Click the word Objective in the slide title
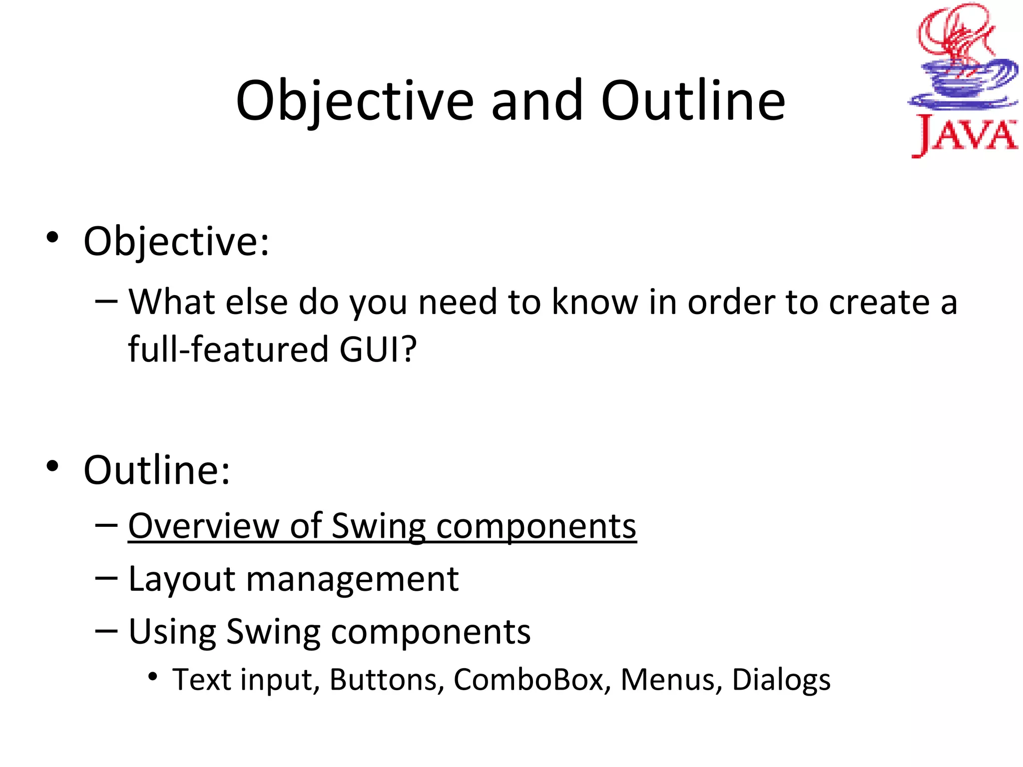354,101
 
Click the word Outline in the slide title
693,101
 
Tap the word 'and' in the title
537,101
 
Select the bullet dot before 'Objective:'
52,237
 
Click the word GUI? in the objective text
378,349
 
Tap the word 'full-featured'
227,349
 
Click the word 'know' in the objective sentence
594,302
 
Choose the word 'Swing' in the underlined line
378,527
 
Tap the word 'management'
352,580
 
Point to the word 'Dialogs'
781,681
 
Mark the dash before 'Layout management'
106,578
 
